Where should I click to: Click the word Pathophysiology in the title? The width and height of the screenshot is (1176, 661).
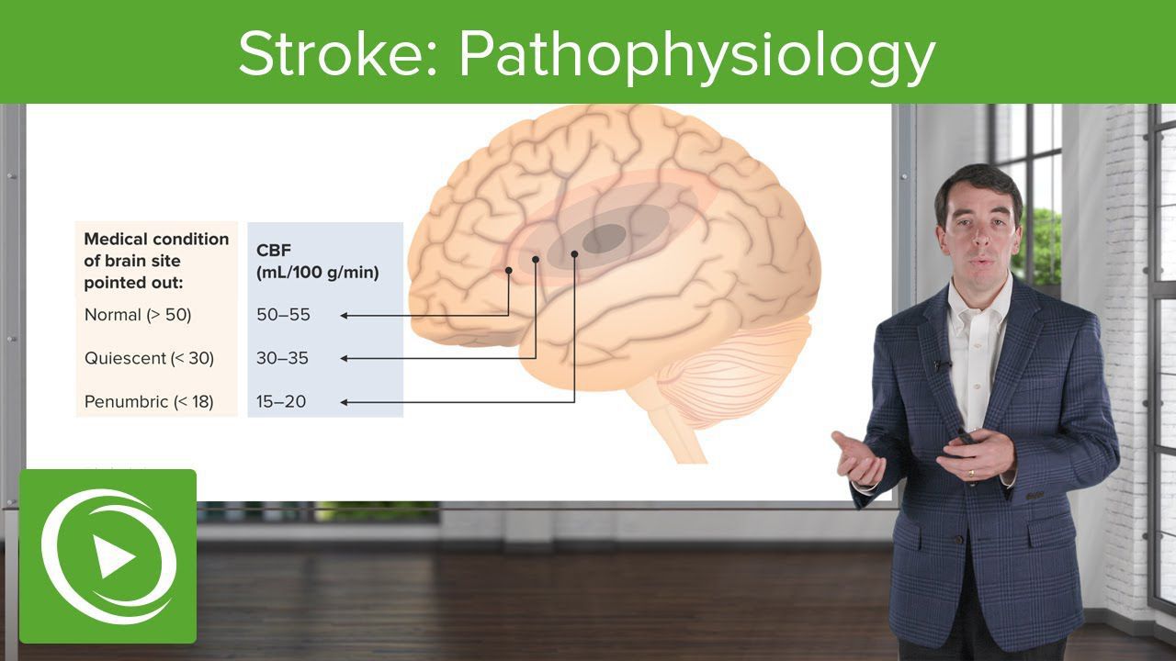click(697, 58)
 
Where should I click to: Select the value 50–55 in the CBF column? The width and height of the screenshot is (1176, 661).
click(283, 315)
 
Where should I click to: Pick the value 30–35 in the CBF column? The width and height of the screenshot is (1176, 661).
click(282, 358)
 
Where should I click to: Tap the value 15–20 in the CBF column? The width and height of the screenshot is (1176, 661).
click(281, 402)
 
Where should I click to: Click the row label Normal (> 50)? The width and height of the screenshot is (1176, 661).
click(138, 315)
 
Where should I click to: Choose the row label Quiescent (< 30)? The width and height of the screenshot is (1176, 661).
click(149, 358)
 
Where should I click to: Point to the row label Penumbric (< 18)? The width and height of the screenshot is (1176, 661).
click(149, 402)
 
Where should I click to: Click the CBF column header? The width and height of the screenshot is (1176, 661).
click(317, 262)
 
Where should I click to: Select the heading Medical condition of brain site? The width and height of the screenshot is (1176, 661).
click(156, 251)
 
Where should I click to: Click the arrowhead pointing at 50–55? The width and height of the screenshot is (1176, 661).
click(345, 316)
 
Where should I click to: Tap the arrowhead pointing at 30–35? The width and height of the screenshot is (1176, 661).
click(345, 359)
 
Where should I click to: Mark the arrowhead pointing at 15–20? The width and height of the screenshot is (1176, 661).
click(345, 402)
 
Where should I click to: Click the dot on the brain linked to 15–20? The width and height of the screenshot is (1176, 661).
click(574, 254)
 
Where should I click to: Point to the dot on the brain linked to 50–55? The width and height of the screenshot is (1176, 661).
click(508, 270)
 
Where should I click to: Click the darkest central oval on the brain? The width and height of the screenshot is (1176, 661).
click(604, 238)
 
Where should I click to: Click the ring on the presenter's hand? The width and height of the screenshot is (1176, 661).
click(971, 473)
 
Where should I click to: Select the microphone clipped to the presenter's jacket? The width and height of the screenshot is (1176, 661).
click(943, 364)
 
